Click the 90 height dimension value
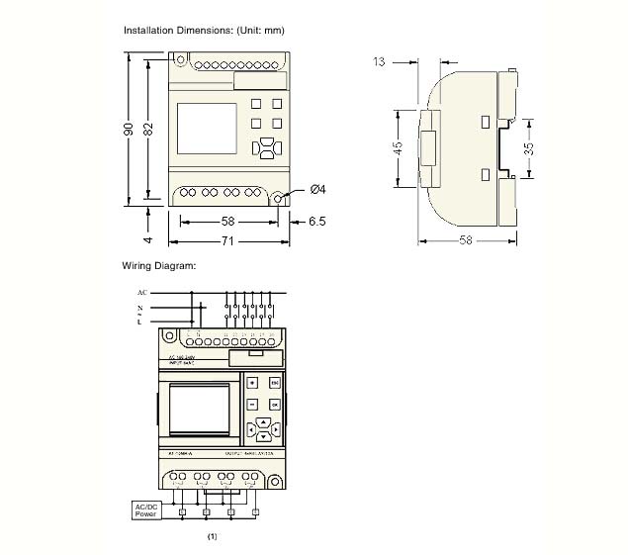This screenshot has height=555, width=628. coord(129,130)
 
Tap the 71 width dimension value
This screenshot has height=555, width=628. coord(227,240)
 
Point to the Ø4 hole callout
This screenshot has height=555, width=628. coord(317,189)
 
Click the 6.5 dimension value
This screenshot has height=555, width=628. coord(316,222)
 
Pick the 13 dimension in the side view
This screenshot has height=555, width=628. coord(379,61)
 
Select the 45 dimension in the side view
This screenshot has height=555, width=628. coord(398,147)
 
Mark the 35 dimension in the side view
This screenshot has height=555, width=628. coord(529,148)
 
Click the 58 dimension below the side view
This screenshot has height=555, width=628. coord(466,240)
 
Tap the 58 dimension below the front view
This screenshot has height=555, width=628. coord(227,222)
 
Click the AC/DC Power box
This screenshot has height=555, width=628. coord(146,510)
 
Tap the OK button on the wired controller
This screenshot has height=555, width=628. coord(274,405)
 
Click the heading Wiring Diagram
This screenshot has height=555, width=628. coord(159,265)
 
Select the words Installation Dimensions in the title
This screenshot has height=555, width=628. coord(179,31)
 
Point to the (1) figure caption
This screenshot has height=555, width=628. coord(212,536)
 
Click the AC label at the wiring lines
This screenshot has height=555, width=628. coord(142,293)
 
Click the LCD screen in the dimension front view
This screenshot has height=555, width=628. coord(206,129)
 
